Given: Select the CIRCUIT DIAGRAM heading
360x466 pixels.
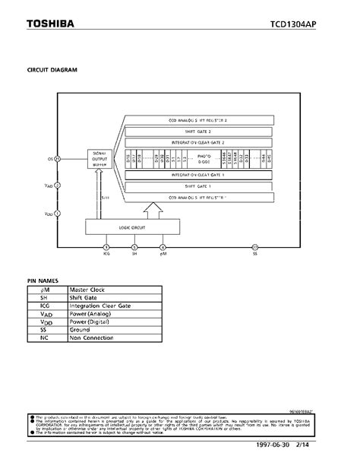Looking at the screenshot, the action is point(52,70).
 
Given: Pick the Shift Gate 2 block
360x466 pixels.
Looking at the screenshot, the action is point(197,131).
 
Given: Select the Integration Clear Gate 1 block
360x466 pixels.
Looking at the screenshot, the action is point(197,174).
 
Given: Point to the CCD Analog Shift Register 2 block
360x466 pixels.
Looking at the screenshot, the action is point(197,120).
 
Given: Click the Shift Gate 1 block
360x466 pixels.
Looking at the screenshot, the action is point(197,185).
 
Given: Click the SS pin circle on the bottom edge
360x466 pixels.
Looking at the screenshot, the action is point(255,246).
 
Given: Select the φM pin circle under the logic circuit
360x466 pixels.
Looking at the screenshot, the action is point(163,246).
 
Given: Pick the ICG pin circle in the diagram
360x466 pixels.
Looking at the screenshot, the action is point(106,246).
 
